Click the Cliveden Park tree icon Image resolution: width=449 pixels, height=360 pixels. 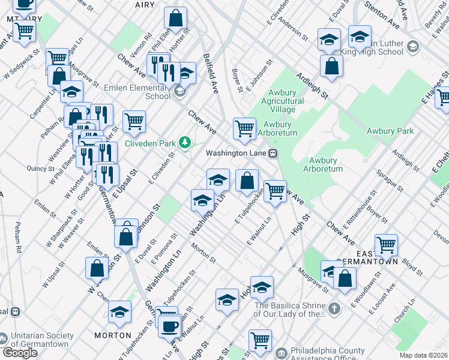[x=186, y=143]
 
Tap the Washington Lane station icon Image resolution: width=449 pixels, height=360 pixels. [x=273, y=153]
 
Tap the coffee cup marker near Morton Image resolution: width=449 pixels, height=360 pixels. [x=169, y=326]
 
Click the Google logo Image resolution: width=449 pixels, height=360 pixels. [x=20, y=353]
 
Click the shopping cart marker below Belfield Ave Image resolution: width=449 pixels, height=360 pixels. [x=244, y=128]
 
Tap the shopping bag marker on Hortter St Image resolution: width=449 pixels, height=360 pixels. [x=176, y=18]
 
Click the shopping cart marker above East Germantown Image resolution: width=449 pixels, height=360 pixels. [x=386, y=245]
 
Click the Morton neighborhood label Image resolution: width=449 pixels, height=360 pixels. [x=112, y=335]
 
